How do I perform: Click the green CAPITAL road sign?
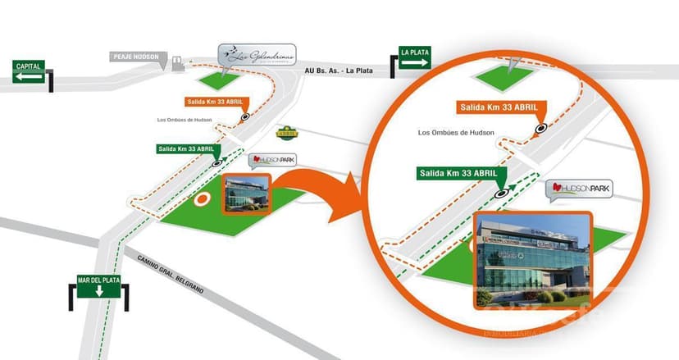(x=29, y=71)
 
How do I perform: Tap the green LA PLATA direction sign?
(x=415, y=57)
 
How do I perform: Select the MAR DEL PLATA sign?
(x=98, y=285)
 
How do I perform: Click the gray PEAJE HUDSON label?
(x=135, y=57)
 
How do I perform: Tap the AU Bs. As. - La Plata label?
(x=338, y=71)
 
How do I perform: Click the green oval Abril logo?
(x=288, y=130)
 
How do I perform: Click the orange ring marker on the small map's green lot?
(x=201, y=198)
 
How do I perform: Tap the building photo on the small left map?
(x=246, y=194)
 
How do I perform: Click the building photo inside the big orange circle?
(x=531, y=260)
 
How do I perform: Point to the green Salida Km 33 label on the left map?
(x=189, y=148)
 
